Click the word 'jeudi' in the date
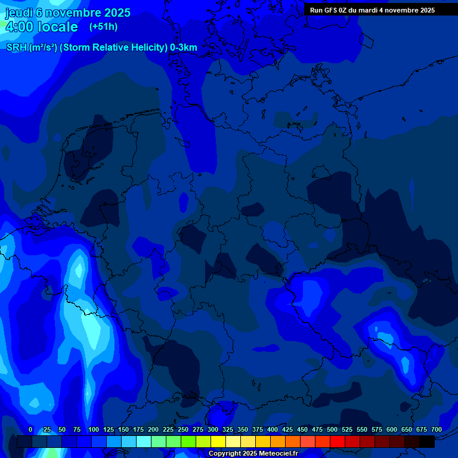click(x=20, y=13)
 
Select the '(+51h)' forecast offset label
click(x=103, y=27)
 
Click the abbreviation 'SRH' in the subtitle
click(x=17, y=48)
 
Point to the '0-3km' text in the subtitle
click(x=183, y=48)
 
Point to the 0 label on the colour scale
click(x=30, y=430)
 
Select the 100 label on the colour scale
click(x=93, y=430)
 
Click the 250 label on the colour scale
click(x=183, y=430)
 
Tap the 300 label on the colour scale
click(x=213, y=430)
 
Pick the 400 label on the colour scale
click(x=273, y=430)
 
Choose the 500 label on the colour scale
click(x=332, y=430)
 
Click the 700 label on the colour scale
click(x=437, y=430)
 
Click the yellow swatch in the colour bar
click(x=218, y=442)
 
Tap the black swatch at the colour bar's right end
click(x=427, y=442)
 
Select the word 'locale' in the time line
click(x=58, y=27)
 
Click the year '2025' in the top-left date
click(x=117, y=13)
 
